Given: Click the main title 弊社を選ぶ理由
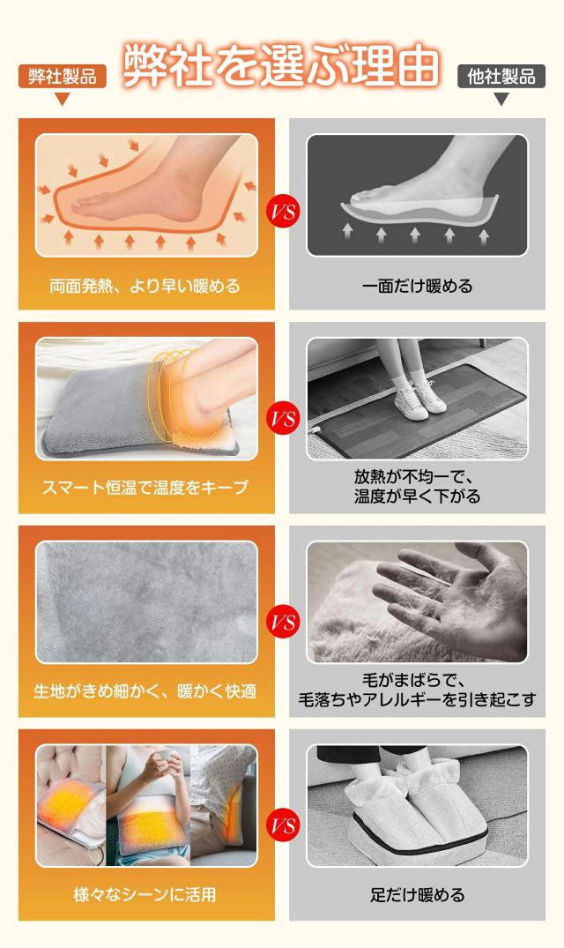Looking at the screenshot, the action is tap(281, 64).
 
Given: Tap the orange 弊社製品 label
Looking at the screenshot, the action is tap(63, 77).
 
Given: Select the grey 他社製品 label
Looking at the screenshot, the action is tap(501, 77).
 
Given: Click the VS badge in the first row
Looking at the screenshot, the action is tap(283, 212).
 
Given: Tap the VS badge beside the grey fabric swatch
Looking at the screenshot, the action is tap(283, 622).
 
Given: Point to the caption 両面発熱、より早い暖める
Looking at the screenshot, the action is tap(145, 286).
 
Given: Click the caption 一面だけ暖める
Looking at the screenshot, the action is tap(417, 286).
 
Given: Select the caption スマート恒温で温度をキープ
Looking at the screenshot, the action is tap(145, 488).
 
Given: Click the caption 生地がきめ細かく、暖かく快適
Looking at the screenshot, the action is tap(145, 691).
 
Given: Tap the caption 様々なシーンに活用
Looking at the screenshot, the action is tap(145, 894).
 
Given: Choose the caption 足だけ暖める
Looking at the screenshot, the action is tap(417, 894).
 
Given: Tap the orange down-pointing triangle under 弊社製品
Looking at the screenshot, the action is tap(63, 99).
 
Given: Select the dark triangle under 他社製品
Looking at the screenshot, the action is tap(501, 99).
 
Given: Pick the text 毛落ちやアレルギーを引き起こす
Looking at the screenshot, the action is tap(417, 699).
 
